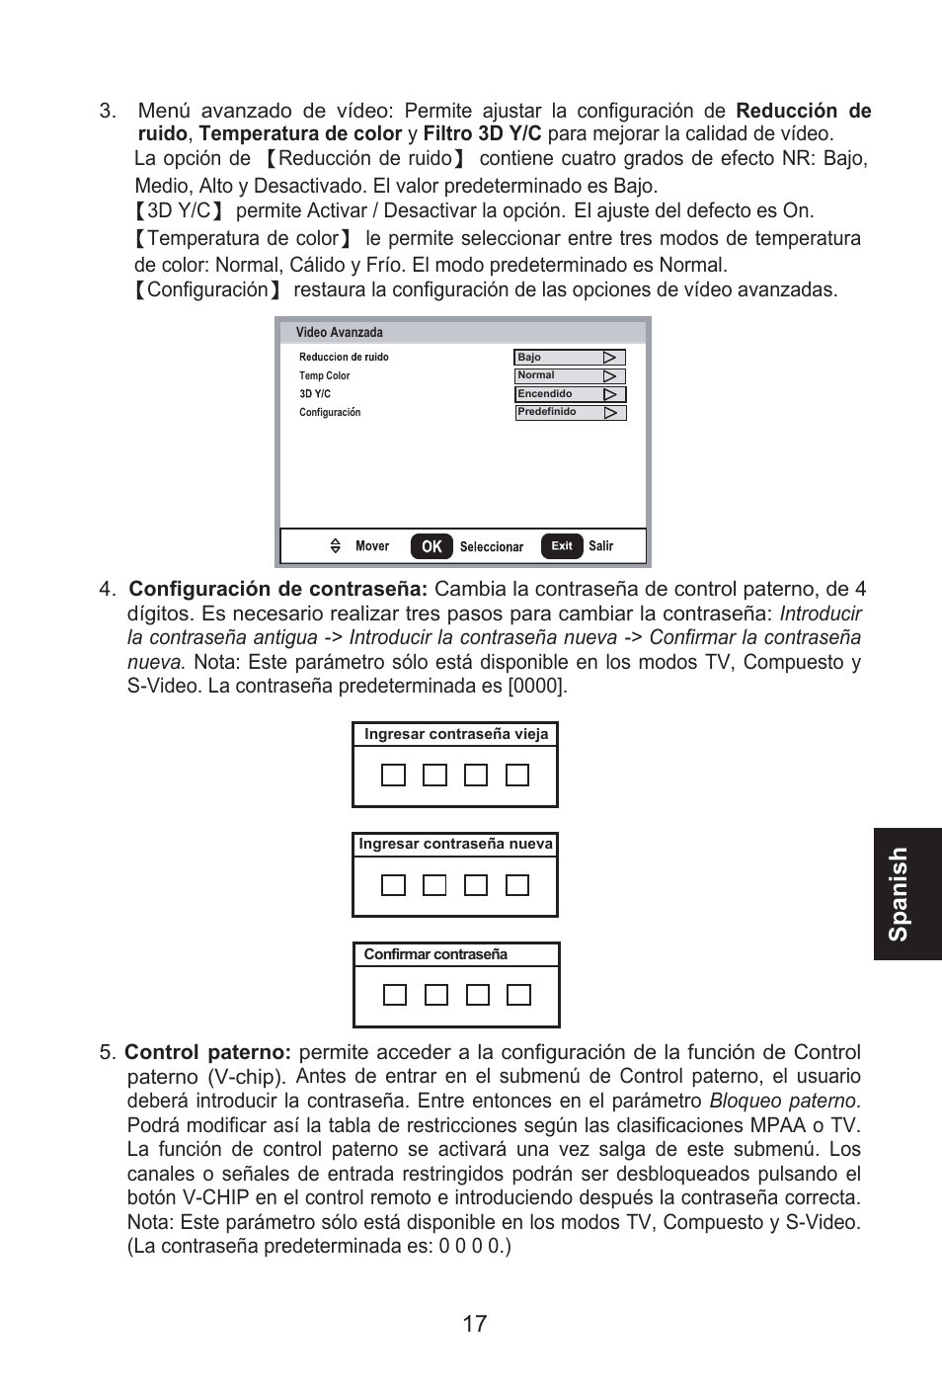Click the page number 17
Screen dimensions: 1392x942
(x=474, y=1324)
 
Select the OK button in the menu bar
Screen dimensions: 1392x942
(x=432, y=546)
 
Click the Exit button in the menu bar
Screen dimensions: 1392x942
(x=562, y=546)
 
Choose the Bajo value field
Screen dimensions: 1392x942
(x=570, y=358)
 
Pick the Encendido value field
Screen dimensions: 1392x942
(x=570, y=394)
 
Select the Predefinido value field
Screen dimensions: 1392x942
(x=570, y=413)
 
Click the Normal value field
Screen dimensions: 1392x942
(x=570, y=375)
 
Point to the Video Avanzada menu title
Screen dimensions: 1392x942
(x=339, y=333)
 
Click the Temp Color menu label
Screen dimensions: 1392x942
(x=325, y=375)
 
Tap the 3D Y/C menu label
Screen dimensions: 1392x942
(x=315, y=394)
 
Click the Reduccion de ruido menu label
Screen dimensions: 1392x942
(x=344, y=358)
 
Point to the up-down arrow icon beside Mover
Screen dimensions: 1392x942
(x=336, y=546)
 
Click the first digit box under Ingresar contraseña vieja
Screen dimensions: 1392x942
(x=393, y=776)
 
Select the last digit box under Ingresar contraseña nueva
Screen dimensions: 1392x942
(x=517, y=885)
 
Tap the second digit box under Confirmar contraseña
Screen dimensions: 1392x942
(x=435, y=995)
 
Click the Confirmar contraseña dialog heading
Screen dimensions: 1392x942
(x=435, y=954)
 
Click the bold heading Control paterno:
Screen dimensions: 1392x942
(x=207, y=1052)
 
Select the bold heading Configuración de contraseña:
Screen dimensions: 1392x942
(x=278, y=589)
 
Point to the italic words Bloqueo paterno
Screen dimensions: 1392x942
(x=782, y=1101)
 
